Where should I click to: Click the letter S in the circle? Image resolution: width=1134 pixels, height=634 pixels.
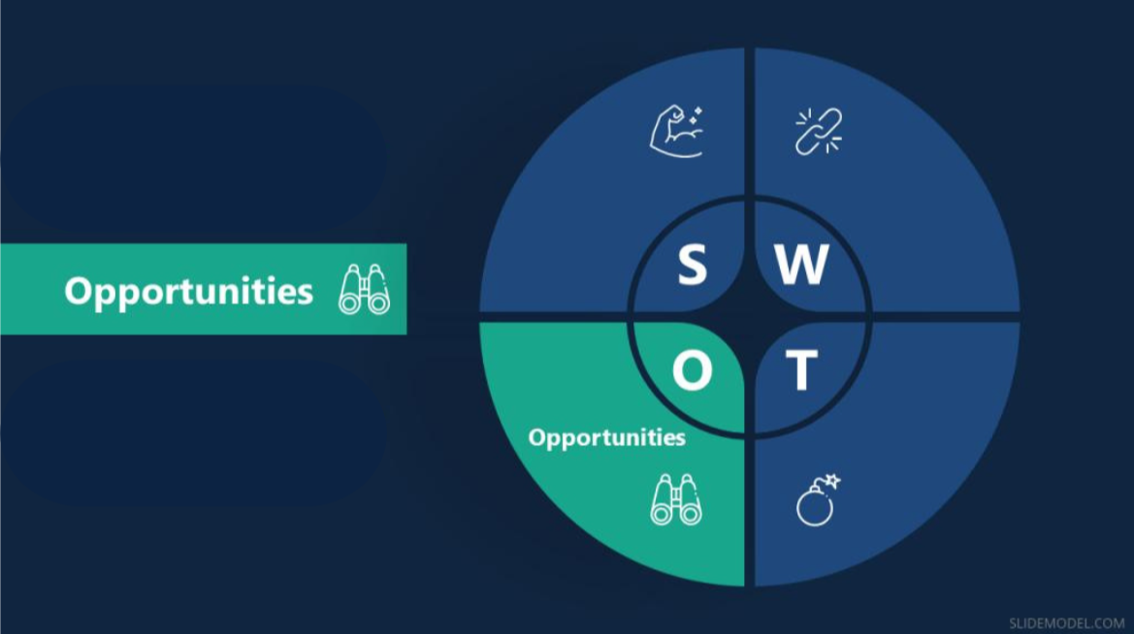tap(692, 264)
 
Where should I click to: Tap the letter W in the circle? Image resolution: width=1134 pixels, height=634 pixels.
tap(802, 264)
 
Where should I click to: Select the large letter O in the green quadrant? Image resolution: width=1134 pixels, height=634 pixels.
tap(692, 370)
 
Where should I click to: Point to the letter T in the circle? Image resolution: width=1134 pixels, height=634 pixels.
tap(801, 370)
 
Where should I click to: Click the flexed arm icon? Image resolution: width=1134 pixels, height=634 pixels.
tap(676, 131)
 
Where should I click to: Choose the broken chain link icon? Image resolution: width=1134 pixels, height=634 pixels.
tap(819, 132)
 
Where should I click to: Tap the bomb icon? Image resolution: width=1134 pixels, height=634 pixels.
tap(818, 500)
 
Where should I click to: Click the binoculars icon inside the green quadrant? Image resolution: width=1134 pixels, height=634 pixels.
tap(676, 499)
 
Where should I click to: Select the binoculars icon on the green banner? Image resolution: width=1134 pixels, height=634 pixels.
tap(365, 289)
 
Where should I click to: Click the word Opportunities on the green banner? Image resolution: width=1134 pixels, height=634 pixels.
tap(189, 292)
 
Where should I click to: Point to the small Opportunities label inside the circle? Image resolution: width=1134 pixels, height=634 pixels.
tap(607, 438)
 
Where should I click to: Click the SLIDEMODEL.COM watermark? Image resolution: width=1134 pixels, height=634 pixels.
tap(1067, 623)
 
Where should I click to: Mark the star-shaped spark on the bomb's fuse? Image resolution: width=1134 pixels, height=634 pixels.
tap(832, 481)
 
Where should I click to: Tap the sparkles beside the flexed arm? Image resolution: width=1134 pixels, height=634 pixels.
tap(696, 115)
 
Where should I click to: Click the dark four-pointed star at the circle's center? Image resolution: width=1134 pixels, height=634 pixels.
tap(750, 317)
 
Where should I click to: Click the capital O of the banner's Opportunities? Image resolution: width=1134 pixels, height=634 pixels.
tap(81, 291)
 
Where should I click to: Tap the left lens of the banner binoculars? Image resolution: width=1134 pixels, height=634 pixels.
tap(349, 302)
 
